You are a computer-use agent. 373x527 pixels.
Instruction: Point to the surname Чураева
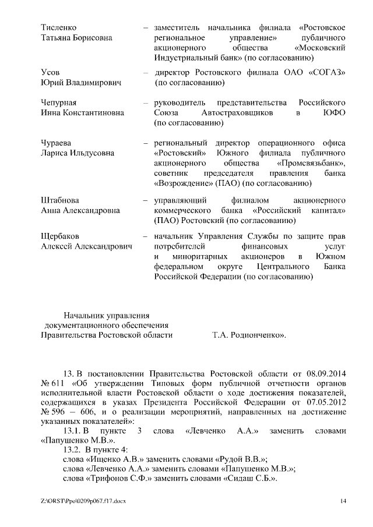(57, 143)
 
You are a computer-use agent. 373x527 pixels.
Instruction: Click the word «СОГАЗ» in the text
(325, 72)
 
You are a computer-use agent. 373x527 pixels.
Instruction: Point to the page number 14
(343, 501)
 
